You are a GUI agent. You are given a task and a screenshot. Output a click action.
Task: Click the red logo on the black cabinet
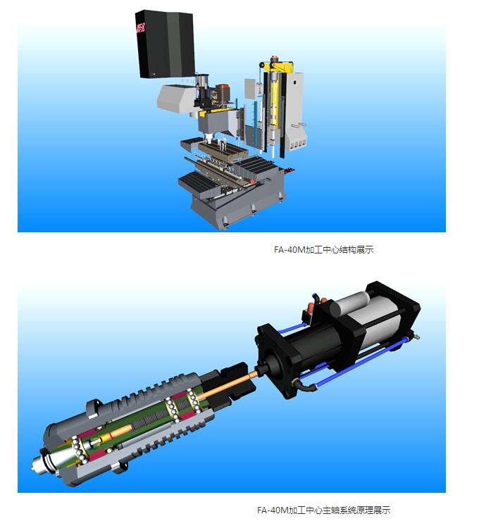point(140,27)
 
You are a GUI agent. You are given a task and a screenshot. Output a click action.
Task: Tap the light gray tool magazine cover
point(175,99)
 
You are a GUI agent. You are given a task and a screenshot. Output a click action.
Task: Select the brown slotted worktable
point(223,152)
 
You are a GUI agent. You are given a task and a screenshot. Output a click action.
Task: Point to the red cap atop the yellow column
point(274,59)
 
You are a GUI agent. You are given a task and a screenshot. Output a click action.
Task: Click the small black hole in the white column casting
point(294,82)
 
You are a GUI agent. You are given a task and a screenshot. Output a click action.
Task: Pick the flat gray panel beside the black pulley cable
point(250,89)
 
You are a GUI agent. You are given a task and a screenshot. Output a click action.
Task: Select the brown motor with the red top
point(222,93)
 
